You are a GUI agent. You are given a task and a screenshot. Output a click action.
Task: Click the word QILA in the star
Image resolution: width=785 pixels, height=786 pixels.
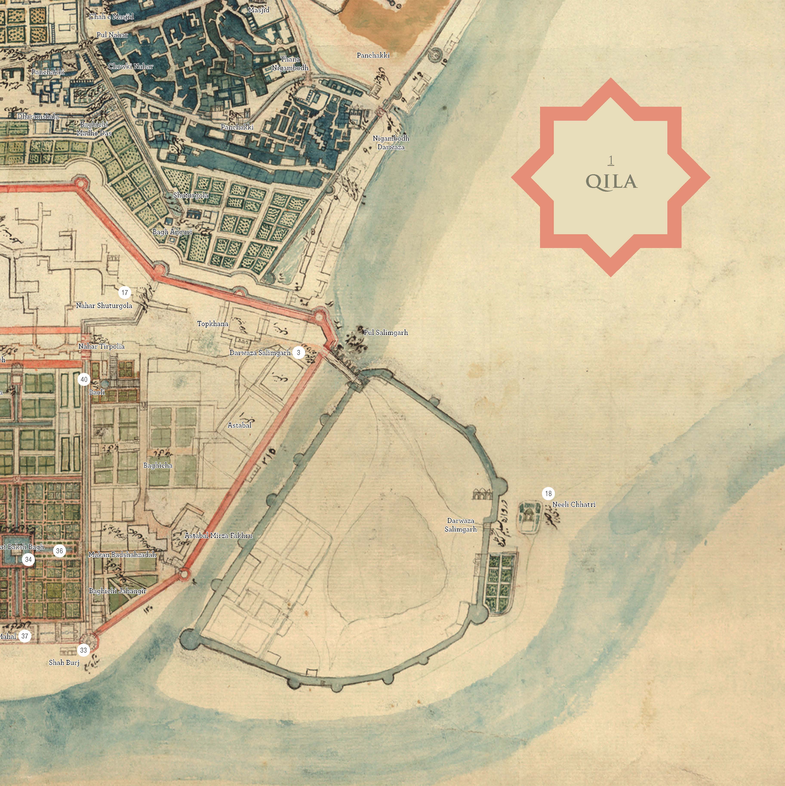[611, 182]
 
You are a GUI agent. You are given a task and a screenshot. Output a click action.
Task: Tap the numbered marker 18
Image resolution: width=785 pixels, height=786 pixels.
[548, 493]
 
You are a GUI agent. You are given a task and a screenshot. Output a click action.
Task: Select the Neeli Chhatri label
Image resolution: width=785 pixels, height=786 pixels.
[574, 504]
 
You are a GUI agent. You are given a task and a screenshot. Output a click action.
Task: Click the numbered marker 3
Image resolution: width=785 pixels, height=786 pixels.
[299, 352]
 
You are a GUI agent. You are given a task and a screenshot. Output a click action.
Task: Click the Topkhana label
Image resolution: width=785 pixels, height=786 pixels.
[213, 324]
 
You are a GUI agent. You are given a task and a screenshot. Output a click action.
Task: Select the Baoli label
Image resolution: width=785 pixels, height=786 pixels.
[97, 392]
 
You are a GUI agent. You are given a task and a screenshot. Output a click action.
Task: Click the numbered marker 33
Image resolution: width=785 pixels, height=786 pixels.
[83, 650]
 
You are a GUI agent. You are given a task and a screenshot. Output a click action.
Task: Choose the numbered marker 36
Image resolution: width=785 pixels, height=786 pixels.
[59, 551]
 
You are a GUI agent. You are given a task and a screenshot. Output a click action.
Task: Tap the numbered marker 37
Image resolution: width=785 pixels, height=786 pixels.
[25, 636]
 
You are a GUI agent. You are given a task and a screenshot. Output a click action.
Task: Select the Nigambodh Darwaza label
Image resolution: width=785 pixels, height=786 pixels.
[391, 142]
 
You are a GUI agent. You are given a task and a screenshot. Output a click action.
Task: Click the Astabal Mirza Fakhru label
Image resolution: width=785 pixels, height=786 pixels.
[219, 535]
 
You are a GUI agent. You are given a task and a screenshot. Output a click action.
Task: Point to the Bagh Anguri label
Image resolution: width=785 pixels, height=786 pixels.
[172, 232]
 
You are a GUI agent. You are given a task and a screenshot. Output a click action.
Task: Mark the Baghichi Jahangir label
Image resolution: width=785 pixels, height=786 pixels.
[118, 591]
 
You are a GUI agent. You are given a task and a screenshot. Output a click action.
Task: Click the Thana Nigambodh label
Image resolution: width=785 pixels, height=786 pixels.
[290, 63]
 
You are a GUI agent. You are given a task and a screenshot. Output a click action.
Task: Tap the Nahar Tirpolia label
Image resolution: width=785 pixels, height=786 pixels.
[101, 346]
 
